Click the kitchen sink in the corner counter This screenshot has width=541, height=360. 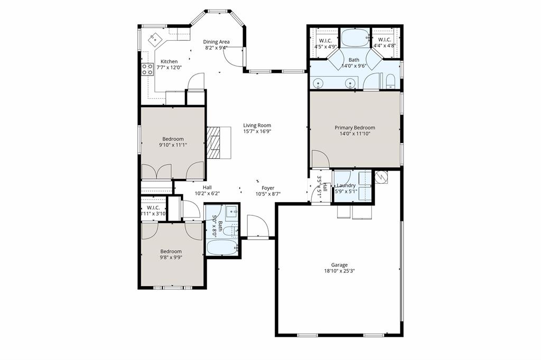[x=154, y=38]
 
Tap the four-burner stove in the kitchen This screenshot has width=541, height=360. [x=146, y=68]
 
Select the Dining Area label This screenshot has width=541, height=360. [x=217, y=42]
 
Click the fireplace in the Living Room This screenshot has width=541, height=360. [x=215, y=142]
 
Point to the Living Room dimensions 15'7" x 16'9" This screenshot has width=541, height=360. [x=257, y=131]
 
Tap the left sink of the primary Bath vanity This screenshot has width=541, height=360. [x=318, y=83]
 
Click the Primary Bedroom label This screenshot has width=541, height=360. [x=355, y=128]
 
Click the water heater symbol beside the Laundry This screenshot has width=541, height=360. [x=380, y=177]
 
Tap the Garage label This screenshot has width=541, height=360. [x=339, y=265]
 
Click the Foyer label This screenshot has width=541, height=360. [x=268, y=187]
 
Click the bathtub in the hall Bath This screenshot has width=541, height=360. [x=221, y=247]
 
